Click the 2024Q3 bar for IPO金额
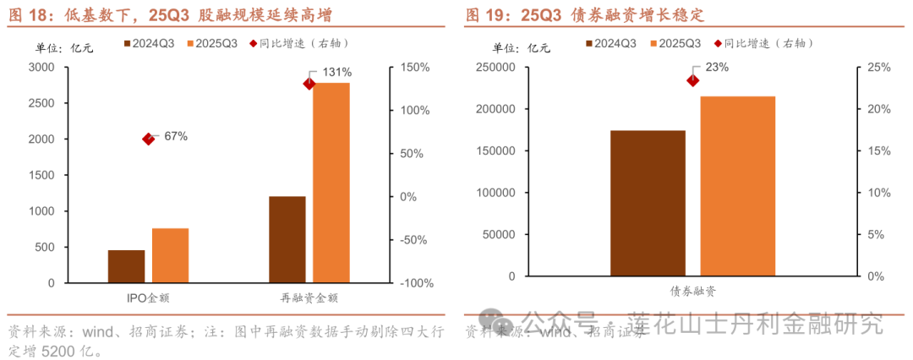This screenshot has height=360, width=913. pos(126,266)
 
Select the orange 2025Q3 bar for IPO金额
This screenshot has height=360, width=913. pos(170,255)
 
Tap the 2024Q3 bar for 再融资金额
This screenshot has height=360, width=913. pos(287,239)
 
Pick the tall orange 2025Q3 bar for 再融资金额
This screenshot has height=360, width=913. pos(331,183)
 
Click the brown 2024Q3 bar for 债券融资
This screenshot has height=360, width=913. pos(648,203)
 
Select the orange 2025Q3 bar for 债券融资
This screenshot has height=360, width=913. pos(737,186)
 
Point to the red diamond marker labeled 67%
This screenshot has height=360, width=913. pos(149,139)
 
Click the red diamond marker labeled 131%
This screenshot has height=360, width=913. pos(309,84)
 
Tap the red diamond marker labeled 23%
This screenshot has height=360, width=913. pos(692,80)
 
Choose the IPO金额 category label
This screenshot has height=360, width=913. pos(148,298)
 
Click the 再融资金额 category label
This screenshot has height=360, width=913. pos(309,298)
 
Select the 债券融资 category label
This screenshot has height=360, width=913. pos(692,292)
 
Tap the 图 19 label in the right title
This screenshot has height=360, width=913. pos(484,15)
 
